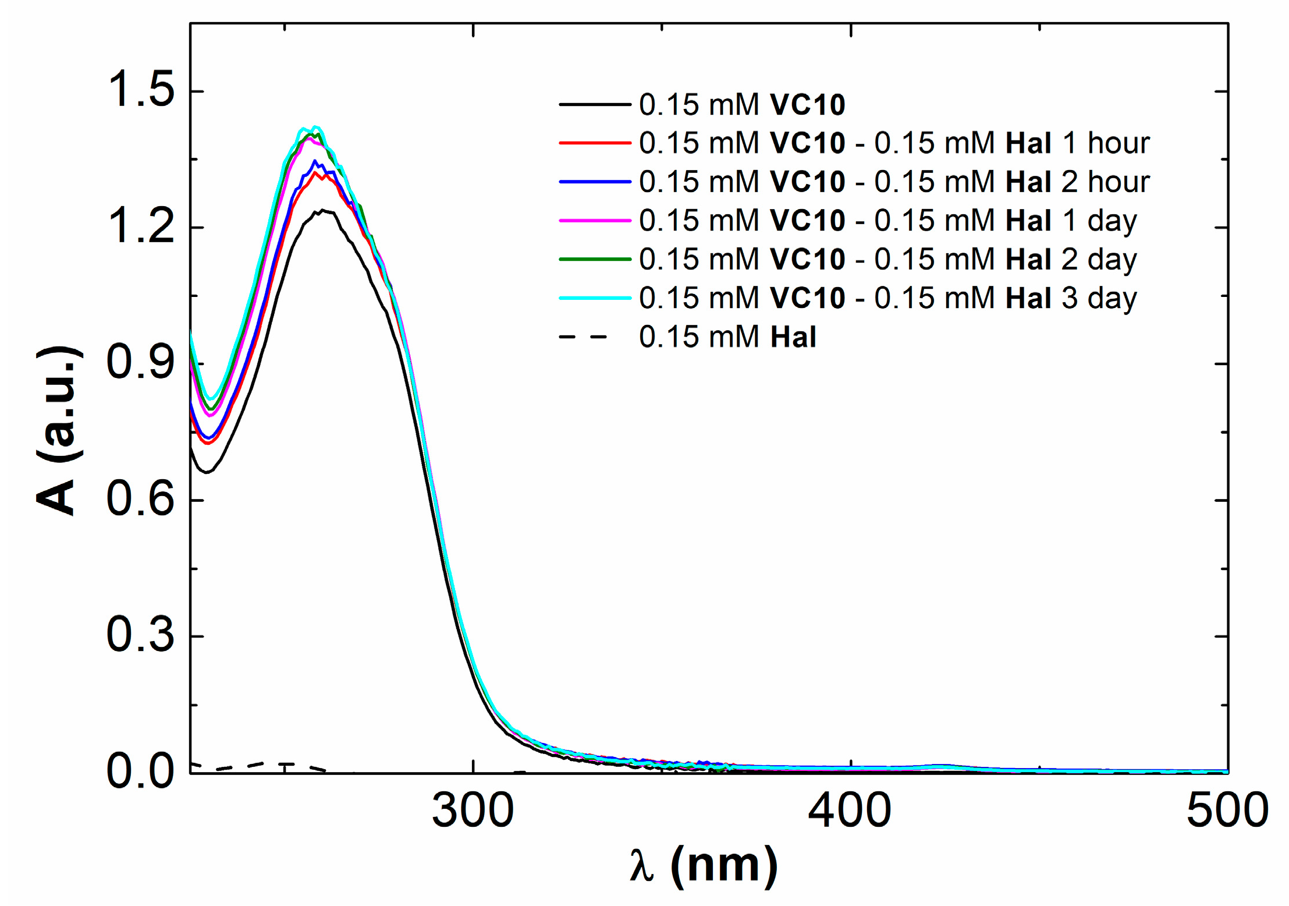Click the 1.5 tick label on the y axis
[x=140, y=91]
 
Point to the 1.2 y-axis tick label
[x=140, y=227]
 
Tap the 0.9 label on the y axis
[x=140, y=363]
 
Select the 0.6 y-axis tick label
[x=140, y=500]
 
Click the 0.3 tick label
[x=140, y=635]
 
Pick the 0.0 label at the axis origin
[x=140, y=771]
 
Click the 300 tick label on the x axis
[x=473, y=811]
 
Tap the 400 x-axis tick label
[x=850, y=811]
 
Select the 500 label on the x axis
[x=1227, y=811]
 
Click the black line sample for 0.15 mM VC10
[x=595, y=105]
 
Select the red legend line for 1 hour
[x=595, y=143]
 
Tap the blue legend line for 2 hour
[x=595, y=182]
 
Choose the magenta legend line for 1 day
[x=595, y=221]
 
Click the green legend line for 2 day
[x=595, y=259]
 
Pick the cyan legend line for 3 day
[x=595, y=298]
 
